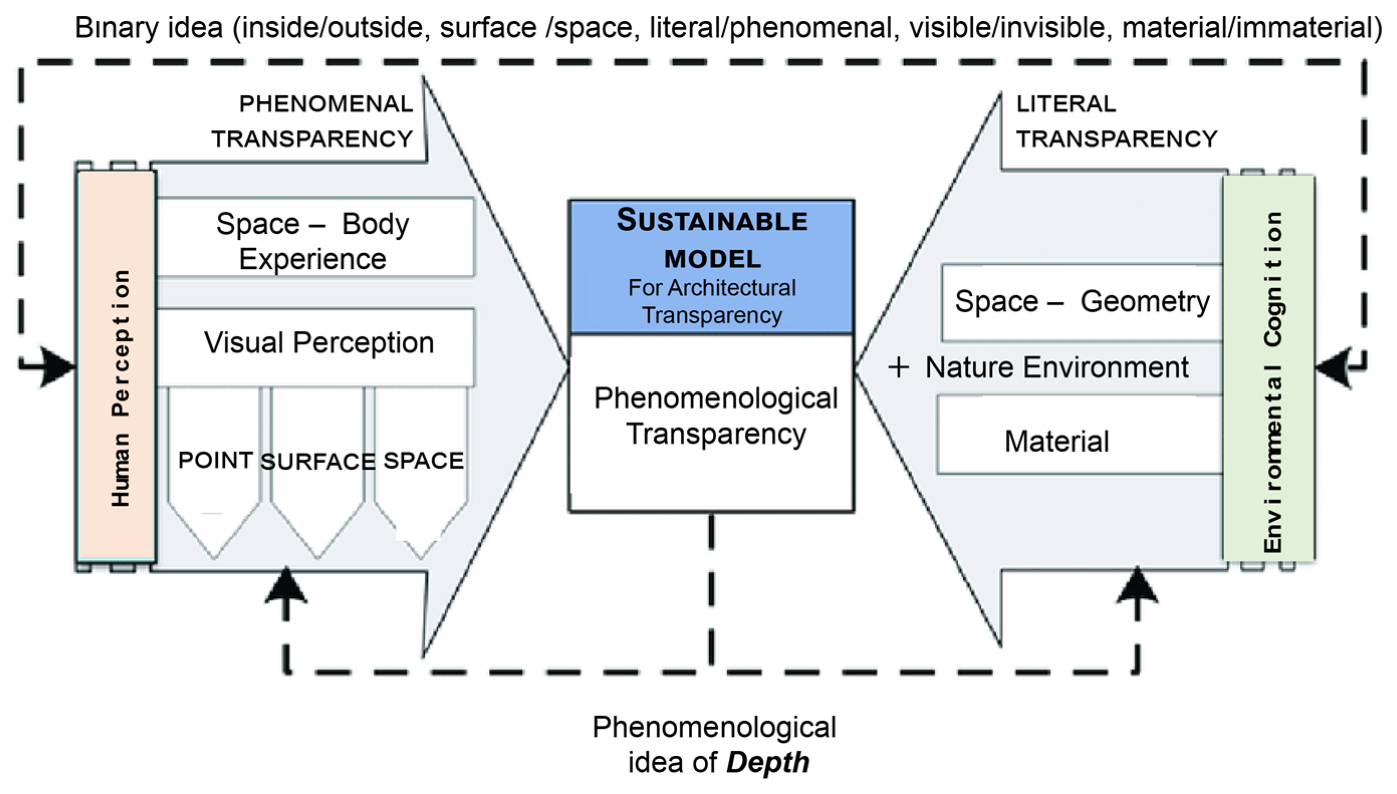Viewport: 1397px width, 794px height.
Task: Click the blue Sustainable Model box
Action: pyautogui.click(x=712, y=267)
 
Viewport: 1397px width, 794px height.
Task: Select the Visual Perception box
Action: pyautogui.click(x=319, y=344)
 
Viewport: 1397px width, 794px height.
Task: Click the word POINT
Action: pyautogui.click(x=215, y=461)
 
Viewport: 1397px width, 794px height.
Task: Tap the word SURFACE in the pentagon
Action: pyautogui.click(x=318, y=462)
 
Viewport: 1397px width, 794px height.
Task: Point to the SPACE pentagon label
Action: pyautogui.click(x=424, y=461)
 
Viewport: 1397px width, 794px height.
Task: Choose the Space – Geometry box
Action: pyautogui.click(x=1082, y=301)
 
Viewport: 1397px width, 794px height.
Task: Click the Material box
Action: pyautogui.click(x=1057, y=441)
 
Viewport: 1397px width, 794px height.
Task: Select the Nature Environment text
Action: pyautogui.click(x=1057, y=367)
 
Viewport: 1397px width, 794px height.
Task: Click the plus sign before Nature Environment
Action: pyautogui.click(x=898, y=367)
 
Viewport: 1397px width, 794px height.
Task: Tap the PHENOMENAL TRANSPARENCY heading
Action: pyautogui.click(x=313, y=121)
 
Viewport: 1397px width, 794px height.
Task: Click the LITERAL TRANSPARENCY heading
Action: pyautogui.click(x=1115, y=121)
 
